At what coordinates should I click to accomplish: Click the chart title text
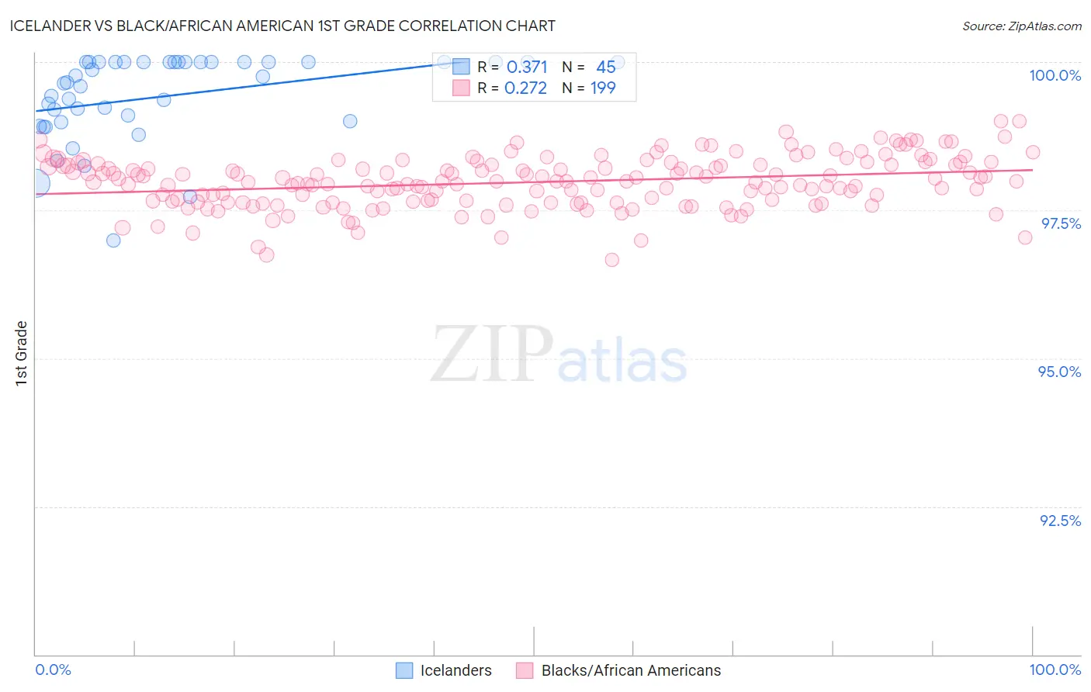click(282, 26)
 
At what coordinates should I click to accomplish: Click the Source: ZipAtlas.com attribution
click(1021, 26)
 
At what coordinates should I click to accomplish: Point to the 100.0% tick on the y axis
click(1055, 75)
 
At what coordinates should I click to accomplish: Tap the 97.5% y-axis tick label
click(1061, 223)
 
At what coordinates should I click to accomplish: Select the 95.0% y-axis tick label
click(1059, 372)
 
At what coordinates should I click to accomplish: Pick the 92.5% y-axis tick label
click(1060, 521)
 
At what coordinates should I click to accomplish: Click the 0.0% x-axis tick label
click(53, 670)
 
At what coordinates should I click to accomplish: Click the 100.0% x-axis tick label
click(1055, 670)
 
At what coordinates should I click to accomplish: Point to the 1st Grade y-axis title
click(22, 353)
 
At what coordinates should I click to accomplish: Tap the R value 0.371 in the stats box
click(527, 67)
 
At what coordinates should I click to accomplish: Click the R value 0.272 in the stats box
click(525, 88)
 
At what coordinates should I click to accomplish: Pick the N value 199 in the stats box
click(603, 88)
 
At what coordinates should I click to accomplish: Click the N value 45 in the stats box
click(605, 67)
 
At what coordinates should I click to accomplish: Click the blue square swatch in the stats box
click(461, 67)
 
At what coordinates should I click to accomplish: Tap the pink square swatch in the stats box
click(461, 88)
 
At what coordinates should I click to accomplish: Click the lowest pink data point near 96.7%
click(611, 260)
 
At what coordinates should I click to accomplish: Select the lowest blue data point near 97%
click(113, 240)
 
